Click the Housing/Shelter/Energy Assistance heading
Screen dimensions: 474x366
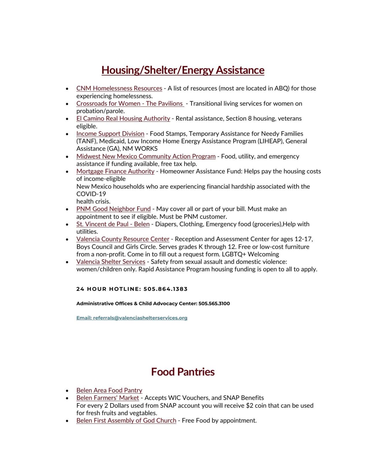183,70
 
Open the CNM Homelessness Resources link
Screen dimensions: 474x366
119,88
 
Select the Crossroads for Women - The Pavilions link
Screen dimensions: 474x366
130,104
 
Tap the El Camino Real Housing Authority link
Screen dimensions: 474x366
123,119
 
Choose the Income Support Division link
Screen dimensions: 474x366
110,134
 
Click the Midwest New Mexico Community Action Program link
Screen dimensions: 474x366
146,156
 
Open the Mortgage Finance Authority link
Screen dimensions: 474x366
115,171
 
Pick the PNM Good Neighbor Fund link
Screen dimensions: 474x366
113,209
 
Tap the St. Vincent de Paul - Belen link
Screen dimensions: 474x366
113,224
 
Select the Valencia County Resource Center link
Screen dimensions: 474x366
123,239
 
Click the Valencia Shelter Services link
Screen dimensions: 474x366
111,262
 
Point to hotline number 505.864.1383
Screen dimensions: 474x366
165,289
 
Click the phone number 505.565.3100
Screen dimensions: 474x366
214,304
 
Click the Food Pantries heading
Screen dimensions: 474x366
183,372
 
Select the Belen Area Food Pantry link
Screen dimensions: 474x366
109,390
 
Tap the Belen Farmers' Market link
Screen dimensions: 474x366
108,398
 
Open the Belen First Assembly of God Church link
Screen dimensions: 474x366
126,420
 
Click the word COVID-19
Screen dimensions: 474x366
91,194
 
